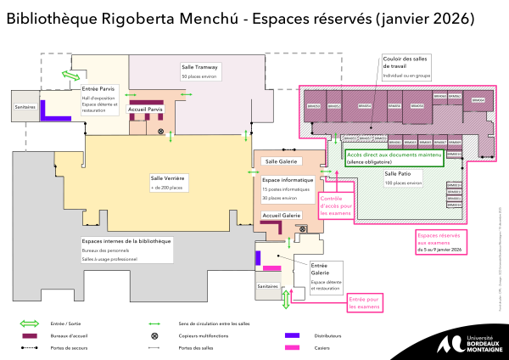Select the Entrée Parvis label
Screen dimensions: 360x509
98,87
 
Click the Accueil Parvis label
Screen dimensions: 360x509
144,109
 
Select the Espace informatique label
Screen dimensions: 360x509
288,180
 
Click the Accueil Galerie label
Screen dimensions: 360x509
282,216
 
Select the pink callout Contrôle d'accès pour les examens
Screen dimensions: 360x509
334,205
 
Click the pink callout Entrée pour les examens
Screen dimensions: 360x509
363,301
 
